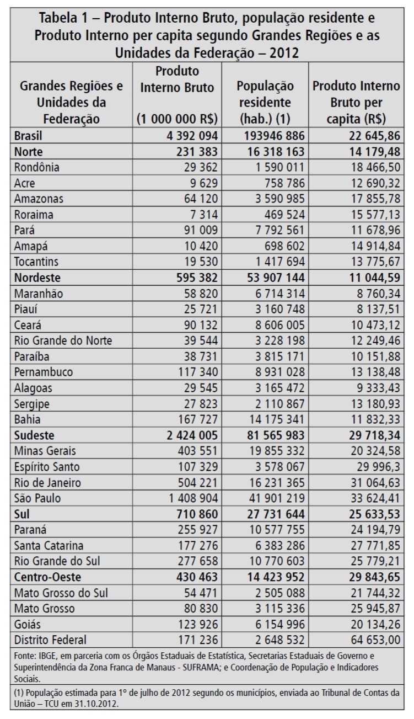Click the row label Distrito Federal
[x=50, y=641]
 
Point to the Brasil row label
[x=29, y=135]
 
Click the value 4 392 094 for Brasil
[x=183, y=135]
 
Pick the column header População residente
[x=265, y=94]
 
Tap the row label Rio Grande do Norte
[x=63, y=340]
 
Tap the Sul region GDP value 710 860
[x=195, y=514]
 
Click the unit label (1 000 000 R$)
[x=177, y=119]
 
